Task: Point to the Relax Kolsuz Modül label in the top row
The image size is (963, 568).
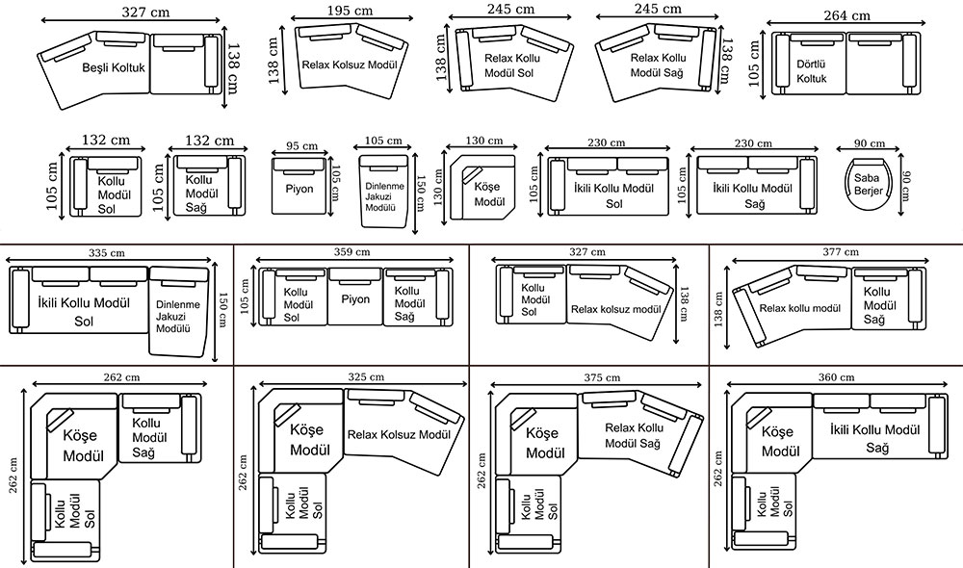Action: tap(351, 65)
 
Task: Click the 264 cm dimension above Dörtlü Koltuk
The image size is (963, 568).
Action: tap(846, 15)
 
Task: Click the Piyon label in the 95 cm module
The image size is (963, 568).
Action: tap(299, 189)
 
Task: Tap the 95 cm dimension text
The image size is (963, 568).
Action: tap(301, 146)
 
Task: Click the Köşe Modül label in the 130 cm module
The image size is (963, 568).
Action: tap(489, 195)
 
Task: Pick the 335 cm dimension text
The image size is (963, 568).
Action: tap(107, 253)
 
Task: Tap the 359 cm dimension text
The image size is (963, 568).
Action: tap(351, 252)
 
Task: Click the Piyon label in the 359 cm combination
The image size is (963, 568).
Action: tap(355, 299)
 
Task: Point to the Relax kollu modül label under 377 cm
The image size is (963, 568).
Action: tap(800, 309)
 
